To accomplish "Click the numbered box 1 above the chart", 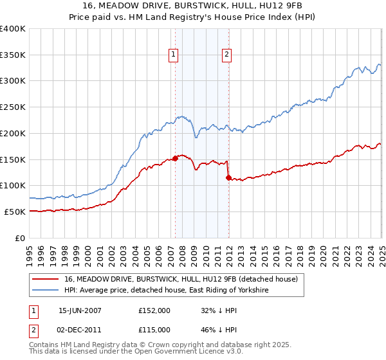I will (174, 55).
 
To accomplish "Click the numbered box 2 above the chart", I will (227, 55).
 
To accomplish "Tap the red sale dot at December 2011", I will (228, 177).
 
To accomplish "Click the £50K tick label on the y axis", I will (15, 212).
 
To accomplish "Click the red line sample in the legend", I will (46, 280).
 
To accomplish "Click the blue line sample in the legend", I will (46, 291).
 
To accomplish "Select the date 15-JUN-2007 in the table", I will (80, 310).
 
